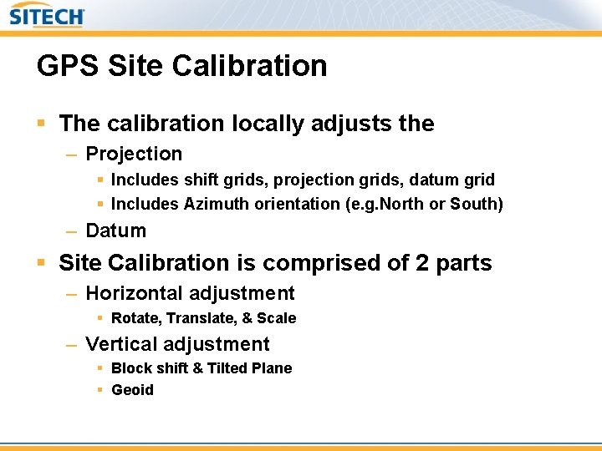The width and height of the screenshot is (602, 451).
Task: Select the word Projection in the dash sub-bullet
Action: click(x=134, y=155)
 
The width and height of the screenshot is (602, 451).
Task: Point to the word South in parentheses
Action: click(x=473, y=205)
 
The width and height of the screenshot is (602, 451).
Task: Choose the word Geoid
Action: click(x=132, y=390)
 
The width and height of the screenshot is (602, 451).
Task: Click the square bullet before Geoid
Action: click(x=100, y=390)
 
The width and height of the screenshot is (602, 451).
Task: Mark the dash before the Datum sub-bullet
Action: click(x=72, y=231)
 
